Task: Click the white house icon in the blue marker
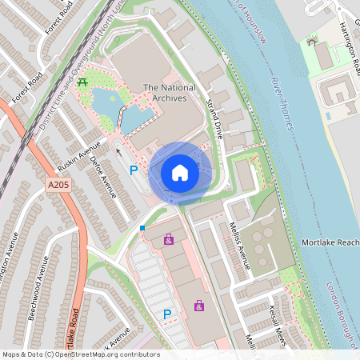pyautogui.click(x=180, y=172)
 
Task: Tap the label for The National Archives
pyautogui.click(x=164, y=92)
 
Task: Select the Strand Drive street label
pyautogui.click(x=214, y=118)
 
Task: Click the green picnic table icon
pyautogui.click(x=84, y=82)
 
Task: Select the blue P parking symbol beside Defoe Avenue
pyautogui.click(x=134, y=170)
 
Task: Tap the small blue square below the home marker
pyautogui.click(x=142, y=228)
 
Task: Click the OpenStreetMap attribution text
pyautogui.click(x=80, y=354)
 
